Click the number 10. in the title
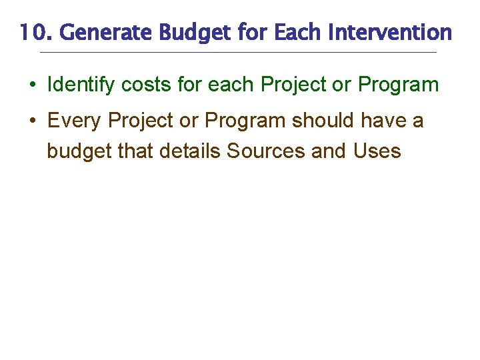32,31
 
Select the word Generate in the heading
93,31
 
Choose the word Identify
81,85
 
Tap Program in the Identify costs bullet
398,85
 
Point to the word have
385,121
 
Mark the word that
135,151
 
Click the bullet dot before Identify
33,85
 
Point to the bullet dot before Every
33,121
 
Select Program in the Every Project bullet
245,121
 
